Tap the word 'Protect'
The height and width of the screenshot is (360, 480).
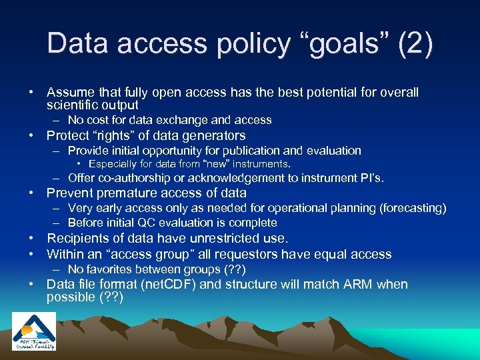[x=69, y=135]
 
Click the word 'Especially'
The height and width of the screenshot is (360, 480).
[x=113, y=163]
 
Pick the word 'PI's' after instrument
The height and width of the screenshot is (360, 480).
[x=371, y=177]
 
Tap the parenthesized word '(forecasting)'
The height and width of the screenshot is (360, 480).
[x=413, y=208]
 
